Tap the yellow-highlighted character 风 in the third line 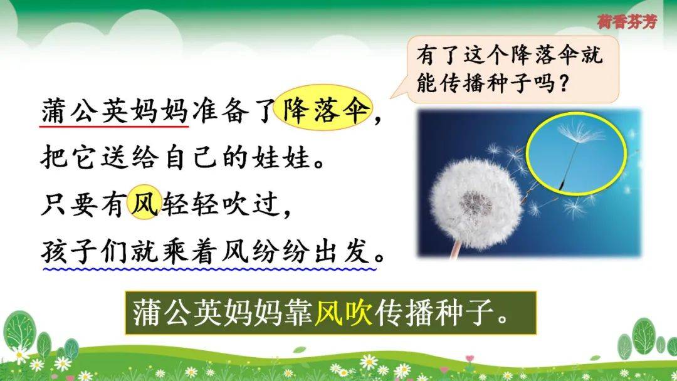pos(145,202)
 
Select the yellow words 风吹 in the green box pos(344,313)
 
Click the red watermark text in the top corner pos(627,21)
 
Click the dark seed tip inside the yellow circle pos(561,185)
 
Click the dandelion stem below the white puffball pos(454,249)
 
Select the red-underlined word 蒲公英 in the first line pos(85,112)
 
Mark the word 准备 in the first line pos(221,112)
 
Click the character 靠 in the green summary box pos(298,313)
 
